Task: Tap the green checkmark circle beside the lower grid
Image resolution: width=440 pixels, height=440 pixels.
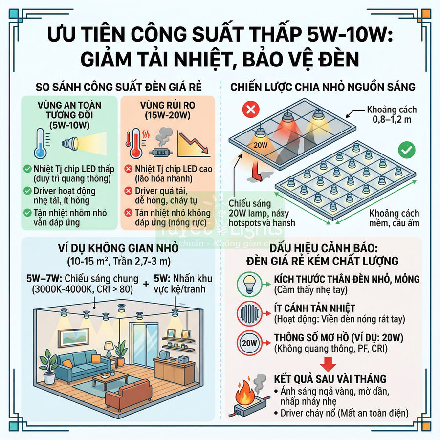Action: tap(406, 150)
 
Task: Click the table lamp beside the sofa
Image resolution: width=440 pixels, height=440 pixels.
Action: tap(109, 350)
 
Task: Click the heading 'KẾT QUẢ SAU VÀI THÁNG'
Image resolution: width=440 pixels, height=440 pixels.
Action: tap(330, 379)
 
